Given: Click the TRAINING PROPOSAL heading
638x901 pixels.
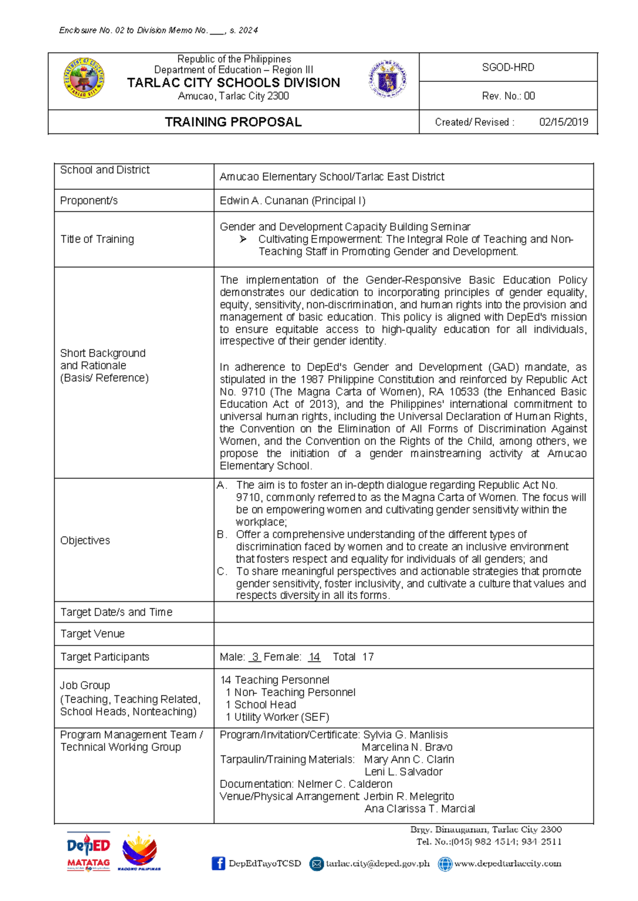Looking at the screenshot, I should tap(233, 122).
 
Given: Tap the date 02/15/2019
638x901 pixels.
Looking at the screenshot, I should tap(563, 122).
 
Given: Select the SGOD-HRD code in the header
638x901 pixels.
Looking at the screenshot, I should tap(508, 67).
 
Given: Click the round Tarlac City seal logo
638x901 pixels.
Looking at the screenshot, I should tap(84, 79).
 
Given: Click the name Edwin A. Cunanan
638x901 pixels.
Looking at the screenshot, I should tap(264, 201).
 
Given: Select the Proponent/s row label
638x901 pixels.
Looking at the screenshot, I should tap(89, 201).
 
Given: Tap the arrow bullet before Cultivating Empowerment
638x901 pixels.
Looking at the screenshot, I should tap(243, 240).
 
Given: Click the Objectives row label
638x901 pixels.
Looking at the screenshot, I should tap(85, 540).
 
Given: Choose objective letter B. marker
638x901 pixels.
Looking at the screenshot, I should tap(222, 534).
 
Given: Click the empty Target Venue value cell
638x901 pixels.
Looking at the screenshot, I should tap(403, 634).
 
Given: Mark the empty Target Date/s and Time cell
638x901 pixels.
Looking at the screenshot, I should tap(403, 612).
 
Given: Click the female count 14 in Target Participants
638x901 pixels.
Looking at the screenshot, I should tap(314, 657).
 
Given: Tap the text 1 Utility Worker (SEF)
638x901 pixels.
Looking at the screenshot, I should tap(277, 717).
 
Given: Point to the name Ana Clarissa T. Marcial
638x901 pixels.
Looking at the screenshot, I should tap(419, 809).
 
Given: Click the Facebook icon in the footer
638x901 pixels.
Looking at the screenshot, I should tap(218, 863).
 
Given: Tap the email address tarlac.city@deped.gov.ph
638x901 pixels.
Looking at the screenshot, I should tap(377, 863).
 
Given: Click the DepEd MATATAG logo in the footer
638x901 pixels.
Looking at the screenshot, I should tap(88, 851).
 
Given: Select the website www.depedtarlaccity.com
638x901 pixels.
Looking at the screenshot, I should tap(507, 863).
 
